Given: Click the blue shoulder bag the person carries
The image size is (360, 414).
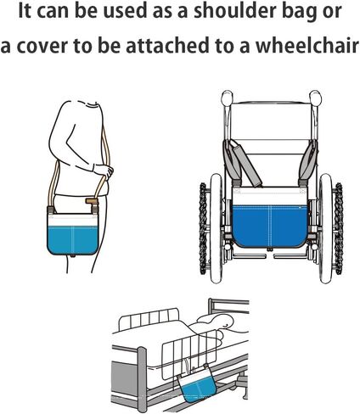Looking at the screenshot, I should click(71, 233).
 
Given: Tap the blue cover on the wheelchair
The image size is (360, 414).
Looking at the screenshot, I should click(270, 225).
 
